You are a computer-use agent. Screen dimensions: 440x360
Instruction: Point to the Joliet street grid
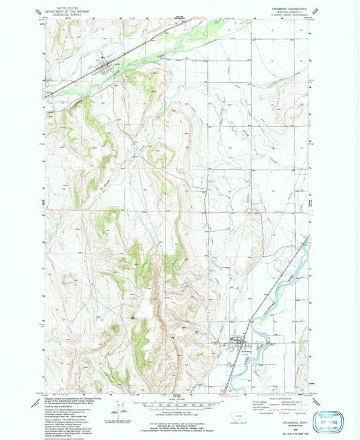[107, 68]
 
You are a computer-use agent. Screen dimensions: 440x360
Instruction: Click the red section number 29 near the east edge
[230, 147]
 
